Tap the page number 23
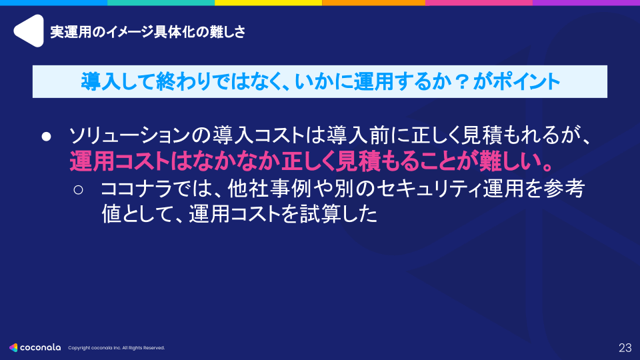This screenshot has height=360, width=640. (625, 347)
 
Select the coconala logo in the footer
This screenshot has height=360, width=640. (35, 347)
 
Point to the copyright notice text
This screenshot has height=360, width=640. (116, 348)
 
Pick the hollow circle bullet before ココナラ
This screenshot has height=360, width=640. (78, 190)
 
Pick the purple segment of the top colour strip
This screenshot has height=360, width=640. (587, 3)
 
